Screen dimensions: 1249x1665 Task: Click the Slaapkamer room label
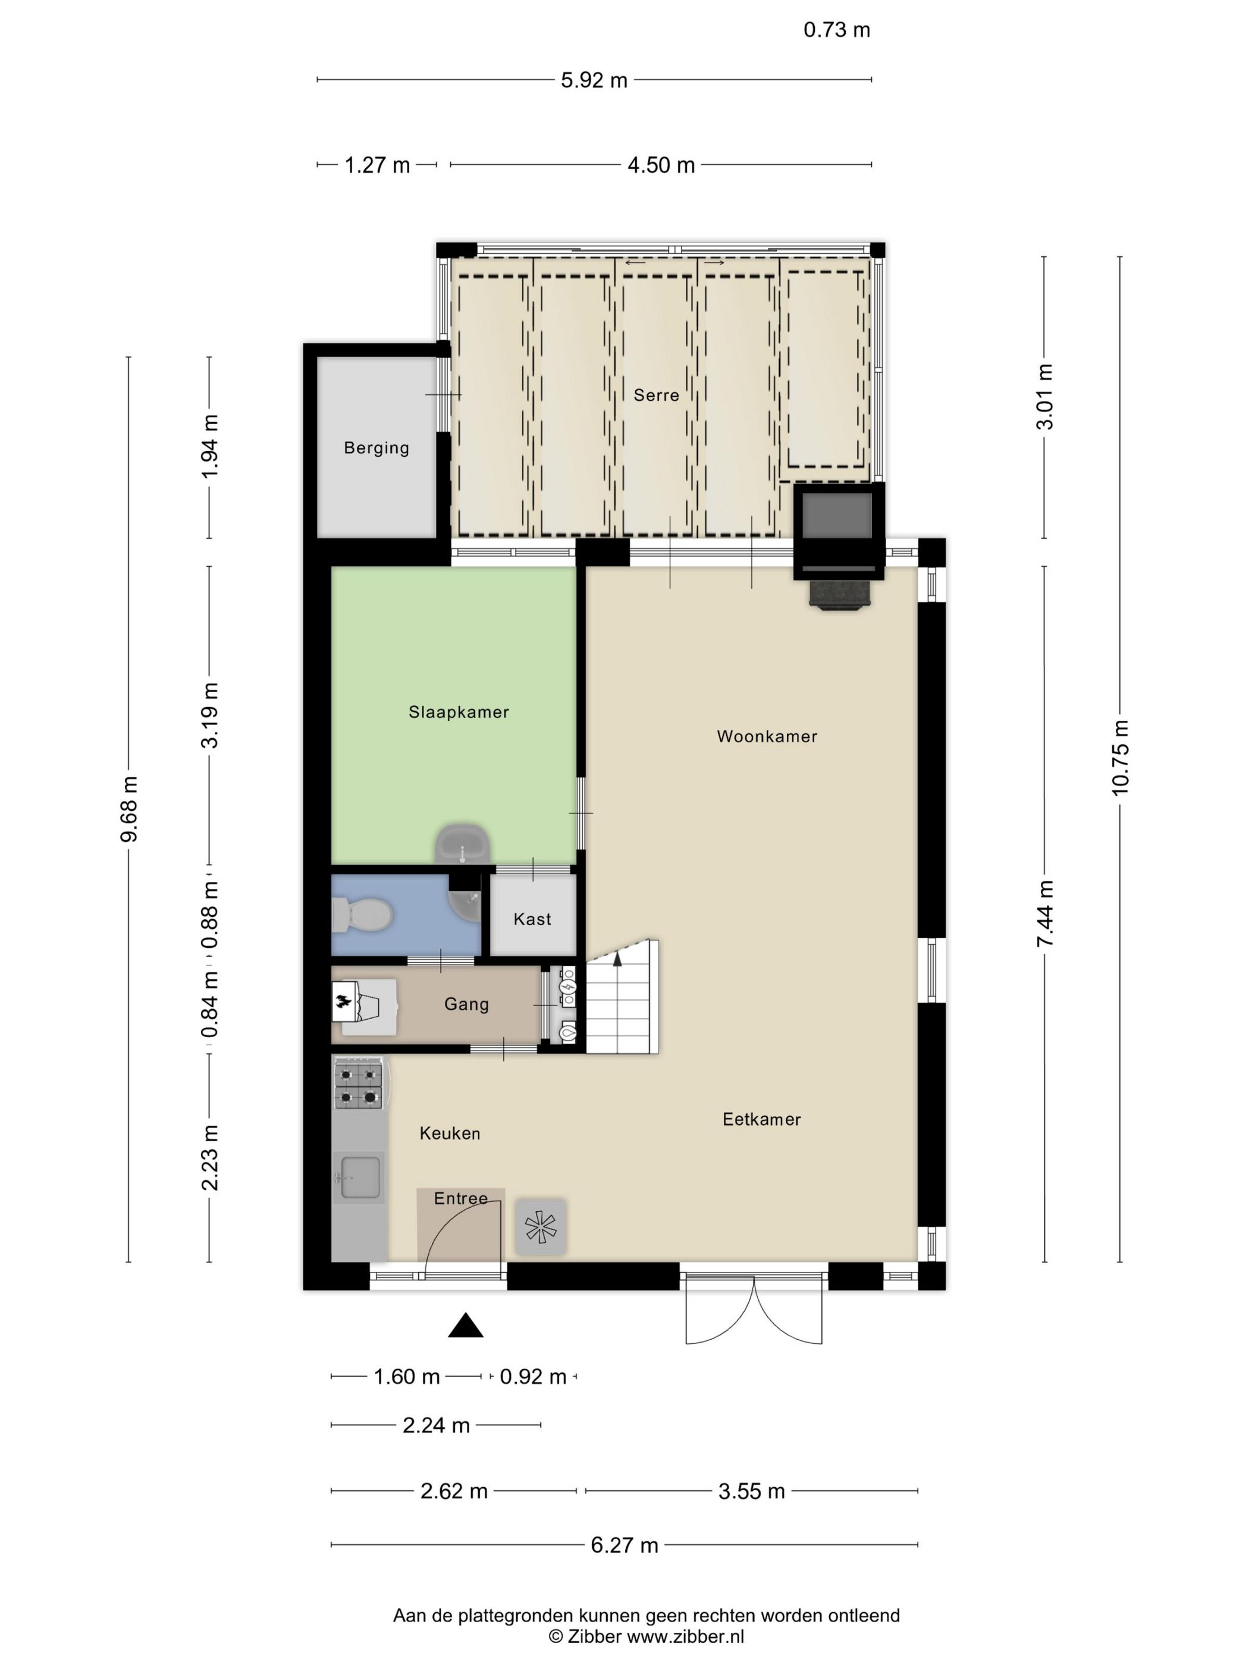(x=459, y=712)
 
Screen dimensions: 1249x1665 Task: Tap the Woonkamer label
(x=767, y=736)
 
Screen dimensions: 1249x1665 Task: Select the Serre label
(x=656, y=395)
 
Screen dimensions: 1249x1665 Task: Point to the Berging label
(x=376, y=448)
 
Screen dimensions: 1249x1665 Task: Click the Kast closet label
(x=532, y=919)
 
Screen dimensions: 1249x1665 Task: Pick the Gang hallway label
(x=466, y=1004)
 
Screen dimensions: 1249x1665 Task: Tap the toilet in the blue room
(x=362, y=915)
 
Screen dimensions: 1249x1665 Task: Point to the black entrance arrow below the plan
(x=465, y=1325)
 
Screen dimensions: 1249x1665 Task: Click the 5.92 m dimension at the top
(x=594, y=80)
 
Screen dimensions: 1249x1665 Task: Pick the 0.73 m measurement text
(x=836, y=30)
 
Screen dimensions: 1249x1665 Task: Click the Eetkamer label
(x=761, y=1119)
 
